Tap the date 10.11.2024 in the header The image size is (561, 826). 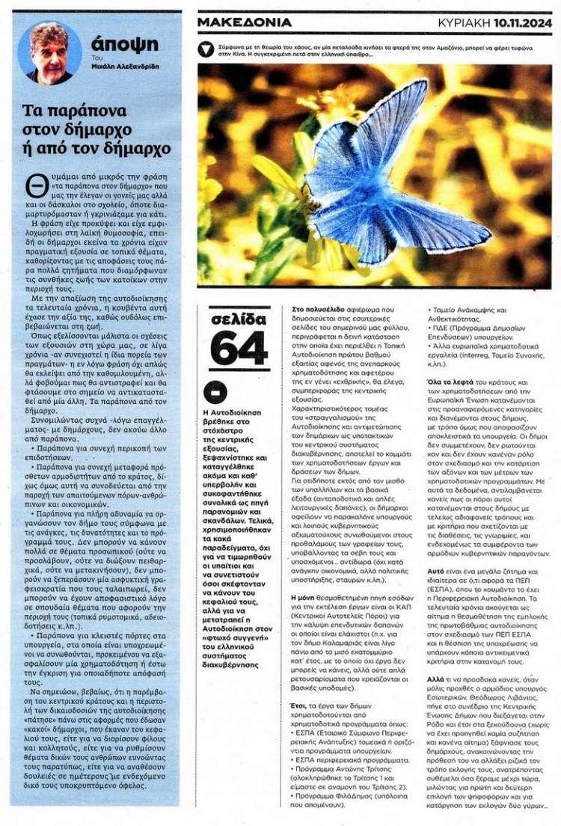(526, 23)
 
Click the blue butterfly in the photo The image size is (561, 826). (378, 179)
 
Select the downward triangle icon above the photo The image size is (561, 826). (206, 49)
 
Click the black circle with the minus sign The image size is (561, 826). (215, 391)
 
